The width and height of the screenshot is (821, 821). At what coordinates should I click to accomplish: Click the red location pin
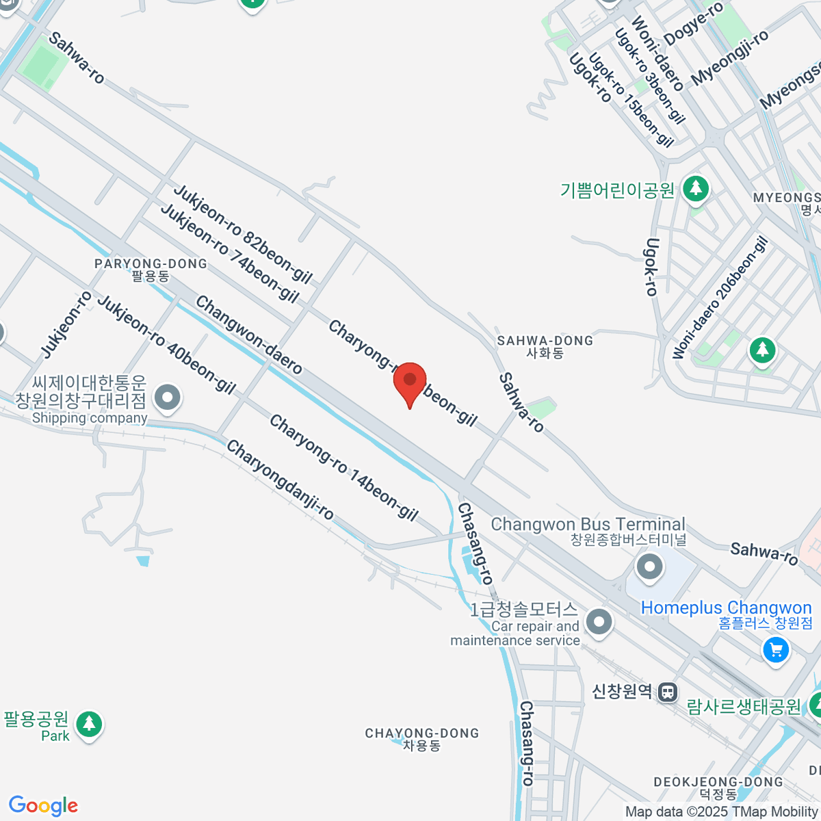(410, 381)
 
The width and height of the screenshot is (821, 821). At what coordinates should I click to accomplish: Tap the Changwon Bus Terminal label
(588, 525)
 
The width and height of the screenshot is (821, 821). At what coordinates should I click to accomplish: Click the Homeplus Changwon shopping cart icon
(776, 649)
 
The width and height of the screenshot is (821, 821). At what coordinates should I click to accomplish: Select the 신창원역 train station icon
(668, 692)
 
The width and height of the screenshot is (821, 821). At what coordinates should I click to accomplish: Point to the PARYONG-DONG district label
(151, 264)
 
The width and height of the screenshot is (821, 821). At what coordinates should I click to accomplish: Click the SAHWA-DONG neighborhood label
(545, 341)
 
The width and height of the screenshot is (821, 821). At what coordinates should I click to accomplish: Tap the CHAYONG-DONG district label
(421, 733)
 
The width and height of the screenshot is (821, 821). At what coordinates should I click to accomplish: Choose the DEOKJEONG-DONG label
(718, 782)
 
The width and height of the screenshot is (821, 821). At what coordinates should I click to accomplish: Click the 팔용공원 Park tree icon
(89, 724)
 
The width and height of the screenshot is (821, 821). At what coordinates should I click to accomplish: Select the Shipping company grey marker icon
(167, 398)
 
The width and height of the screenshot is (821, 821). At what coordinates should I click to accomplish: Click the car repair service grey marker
(600, 623)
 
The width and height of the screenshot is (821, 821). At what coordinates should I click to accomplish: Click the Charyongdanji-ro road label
(280, 480)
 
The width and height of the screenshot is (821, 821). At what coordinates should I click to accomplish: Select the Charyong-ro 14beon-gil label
(343, 468)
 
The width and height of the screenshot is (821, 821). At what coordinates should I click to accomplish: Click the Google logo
(43, 806)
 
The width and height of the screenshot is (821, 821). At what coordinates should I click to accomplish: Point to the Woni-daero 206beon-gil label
(720, 298)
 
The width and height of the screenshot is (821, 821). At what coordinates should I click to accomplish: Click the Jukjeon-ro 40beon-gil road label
(166, 345)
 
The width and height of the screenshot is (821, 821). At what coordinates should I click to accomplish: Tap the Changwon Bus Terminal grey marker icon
(649, 566)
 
